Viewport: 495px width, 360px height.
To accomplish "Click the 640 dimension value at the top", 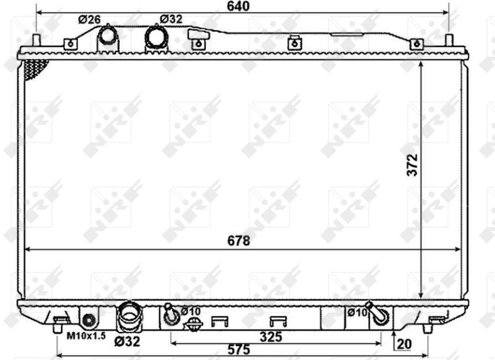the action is [238, 6].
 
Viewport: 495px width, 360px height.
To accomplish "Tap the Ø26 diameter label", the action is [89, 19].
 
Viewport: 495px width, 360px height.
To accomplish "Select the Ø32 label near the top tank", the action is [171, 19].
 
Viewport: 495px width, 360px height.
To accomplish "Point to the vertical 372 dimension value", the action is [412, 165].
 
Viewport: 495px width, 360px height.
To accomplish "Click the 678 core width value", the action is [238, 241].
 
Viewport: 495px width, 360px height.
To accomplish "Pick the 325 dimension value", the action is [271, 337].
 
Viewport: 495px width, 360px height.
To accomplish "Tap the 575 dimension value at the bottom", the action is [238, 349].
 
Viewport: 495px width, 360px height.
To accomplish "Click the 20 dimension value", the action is [404, 344].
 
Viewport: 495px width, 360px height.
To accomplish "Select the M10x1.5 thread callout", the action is [86, 336].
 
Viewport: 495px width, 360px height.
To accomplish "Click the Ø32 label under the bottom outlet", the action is [127, 341].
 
